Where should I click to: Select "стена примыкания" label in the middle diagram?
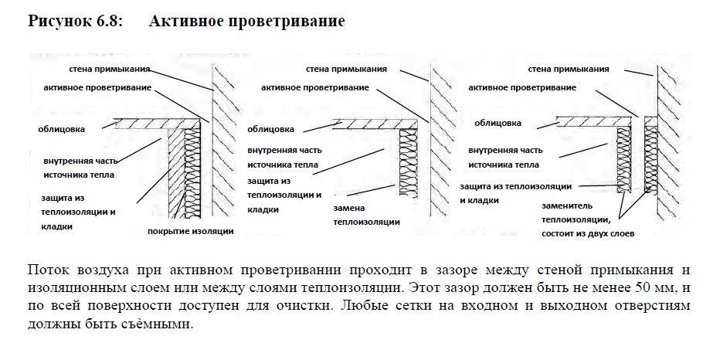346,69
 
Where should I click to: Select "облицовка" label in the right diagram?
497,123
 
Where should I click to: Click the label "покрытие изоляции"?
190,231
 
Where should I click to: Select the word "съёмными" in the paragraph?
161,324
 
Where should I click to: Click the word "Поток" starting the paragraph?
46,270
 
